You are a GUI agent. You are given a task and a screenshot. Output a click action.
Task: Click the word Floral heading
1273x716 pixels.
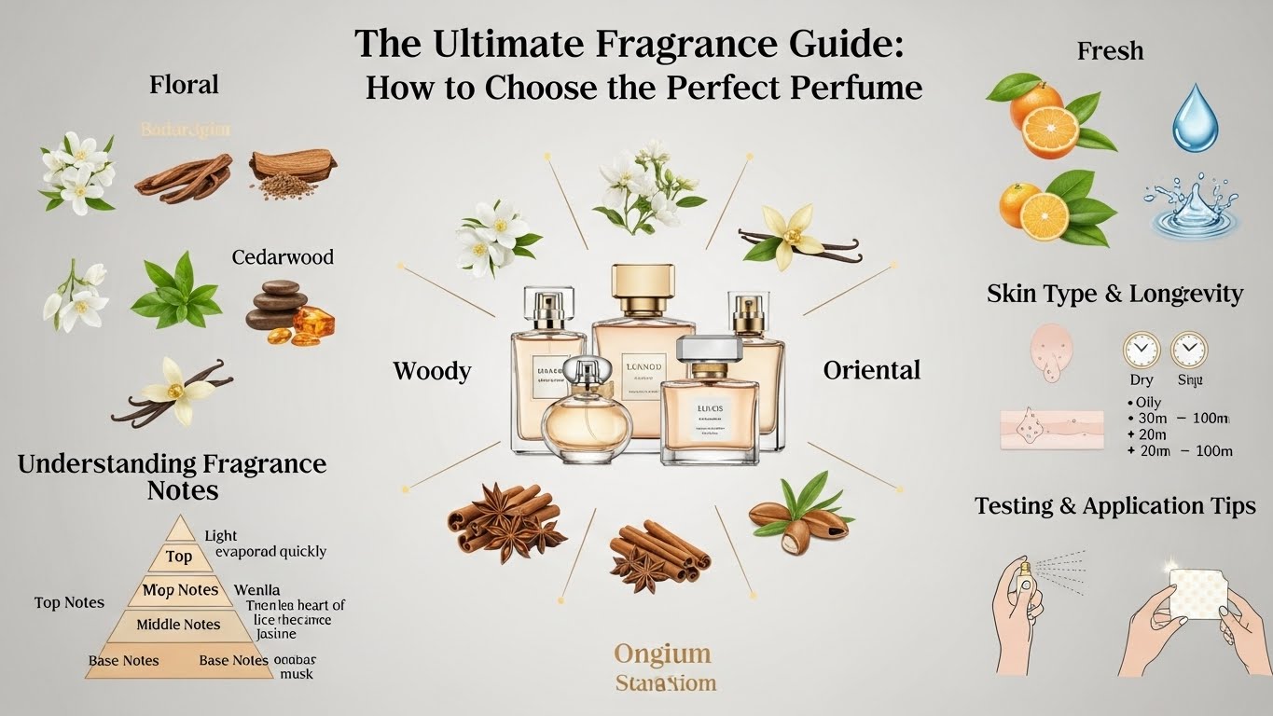pyautogui.click(x=184, y=85)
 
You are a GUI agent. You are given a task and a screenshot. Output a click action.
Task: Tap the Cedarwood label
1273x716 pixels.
pyautogui.click(x=283, y=256)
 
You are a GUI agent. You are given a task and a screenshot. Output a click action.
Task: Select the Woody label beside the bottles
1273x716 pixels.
pyautogui.click(x=432, y=371)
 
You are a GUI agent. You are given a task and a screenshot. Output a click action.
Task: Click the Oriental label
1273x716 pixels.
pyautogui.click(x=871, y=370)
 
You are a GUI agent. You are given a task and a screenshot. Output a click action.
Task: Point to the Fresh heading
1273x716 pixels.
pyautogui.click(x=1110, y=50)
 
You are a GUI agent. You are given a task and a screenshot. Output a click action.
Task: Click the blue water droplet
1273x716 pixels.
pyautogui.click(x=1195, y=118)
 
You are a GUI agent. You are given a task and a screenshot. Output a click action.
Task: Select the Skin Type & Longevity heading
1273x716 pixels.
pyautogui.click(x=1114, y=294)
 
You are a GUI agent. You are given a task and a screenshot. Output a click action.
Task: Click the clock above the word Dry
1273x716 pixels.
pyautogui.click(x=1142, y=351)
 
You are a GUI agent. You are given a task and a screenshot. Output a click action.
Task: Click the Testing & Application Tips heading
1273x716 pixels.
pyautogui.click(x=1114, y=505)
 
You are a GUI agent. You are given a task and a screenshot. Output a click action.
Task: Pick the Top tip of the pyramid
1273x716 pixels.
pyautogui.click(x=179, y=556)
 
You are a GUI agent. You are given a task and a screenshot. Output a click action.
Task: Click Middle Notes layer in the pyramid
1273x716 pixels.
pyautogui.click(x=178, y=625)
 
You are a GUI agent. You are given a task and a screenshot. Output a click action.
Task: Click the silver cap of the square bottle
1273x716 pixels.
pyautogui.click(x=709, y=349)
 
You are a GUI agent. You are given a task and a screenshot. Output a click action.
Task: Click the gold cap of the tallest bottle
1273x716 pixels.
pyautogui.click(x=643, y=281)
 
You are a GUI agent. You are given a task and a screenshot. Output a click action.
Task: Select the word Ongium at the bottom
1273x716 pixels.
pyautogui.click(x=662, y=654)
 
